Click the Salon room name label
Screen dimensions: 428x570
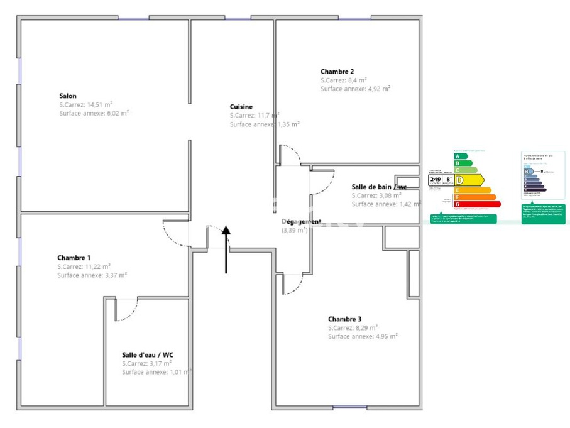pos(68,96)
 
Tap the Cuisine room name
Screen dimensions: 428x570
pos(241,107)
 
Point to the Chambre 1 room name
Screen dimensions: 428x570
pos(74,258)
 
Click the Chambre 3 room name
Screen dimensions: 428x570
pos(344,319)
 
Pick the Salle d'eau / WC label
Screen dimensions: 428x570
pos(147,355)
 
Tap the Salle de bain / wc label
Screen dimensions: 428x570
pos(379,187)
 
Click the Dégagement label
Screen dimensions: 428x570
pos(301,222)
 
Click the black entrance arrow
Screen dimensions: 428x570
pos(226,248)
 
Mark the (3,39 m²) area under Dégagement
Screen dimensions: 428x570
pos(294,231)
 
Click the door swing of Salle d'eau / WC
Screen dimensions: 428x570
pos(126,310)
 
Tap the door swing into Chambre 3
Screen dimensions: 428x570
pos(291,284)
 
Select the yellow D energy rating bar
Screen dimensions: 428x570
pos(469,180)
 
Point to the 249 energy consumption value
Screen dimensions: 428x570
pos(435,179)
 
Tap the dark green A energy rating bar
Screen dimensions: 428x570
pos(461,156)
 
